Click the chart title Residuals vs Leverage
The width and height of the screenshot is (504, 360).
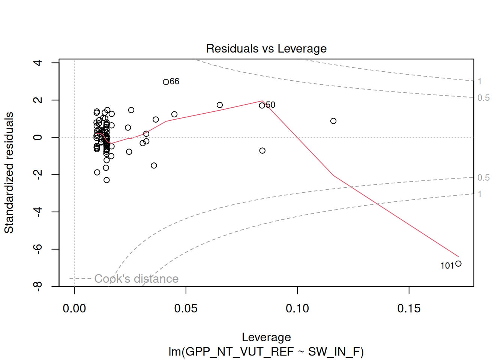coord(266,49)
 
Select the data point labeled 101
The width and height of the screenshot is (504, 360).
coord(458,264)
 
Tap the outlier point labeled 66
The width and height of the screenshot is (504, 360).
coord(166,82)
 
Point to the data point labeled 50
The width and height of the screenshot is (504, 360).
coord(262,105)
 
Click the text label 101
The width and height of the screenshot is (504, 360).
coord(447,266)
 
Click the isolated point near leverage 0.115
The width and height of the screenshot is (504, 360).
coord(333,121)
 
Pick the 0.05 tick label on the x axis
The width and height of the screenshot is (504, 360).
coord(186,309)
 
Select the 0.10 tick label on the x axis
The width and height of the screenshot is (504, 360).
coord(297,309)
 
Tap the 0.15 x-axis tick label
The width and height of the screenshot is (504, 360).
coord(409,309)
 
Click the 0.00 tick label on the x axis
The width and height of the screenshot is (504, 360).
coord(74,309)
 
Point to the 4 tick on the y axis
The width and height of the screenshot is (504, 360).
coord(37,63)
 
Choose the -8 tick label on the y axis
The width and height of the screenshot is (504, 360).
coord(37,286)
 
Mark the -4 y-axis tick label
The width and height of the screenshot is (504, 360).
coord(37,212)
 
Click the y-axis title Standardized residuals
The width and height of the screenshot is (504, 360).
coord(9,172)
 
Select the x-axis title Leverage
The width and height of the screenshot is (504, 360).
coord(266,337)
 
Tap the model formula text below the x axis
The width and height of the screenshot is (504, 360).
coord(266,352)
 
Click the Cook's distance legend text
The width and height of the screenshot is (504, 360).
coord(136,279)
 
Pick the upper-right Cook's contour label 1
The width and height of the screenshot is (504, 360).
coord(480,81)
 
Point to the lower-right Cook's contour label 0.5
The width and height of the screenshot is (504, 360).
coord(483,177)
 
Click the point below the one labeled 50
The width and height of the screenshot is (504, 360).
coord(262,150)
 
